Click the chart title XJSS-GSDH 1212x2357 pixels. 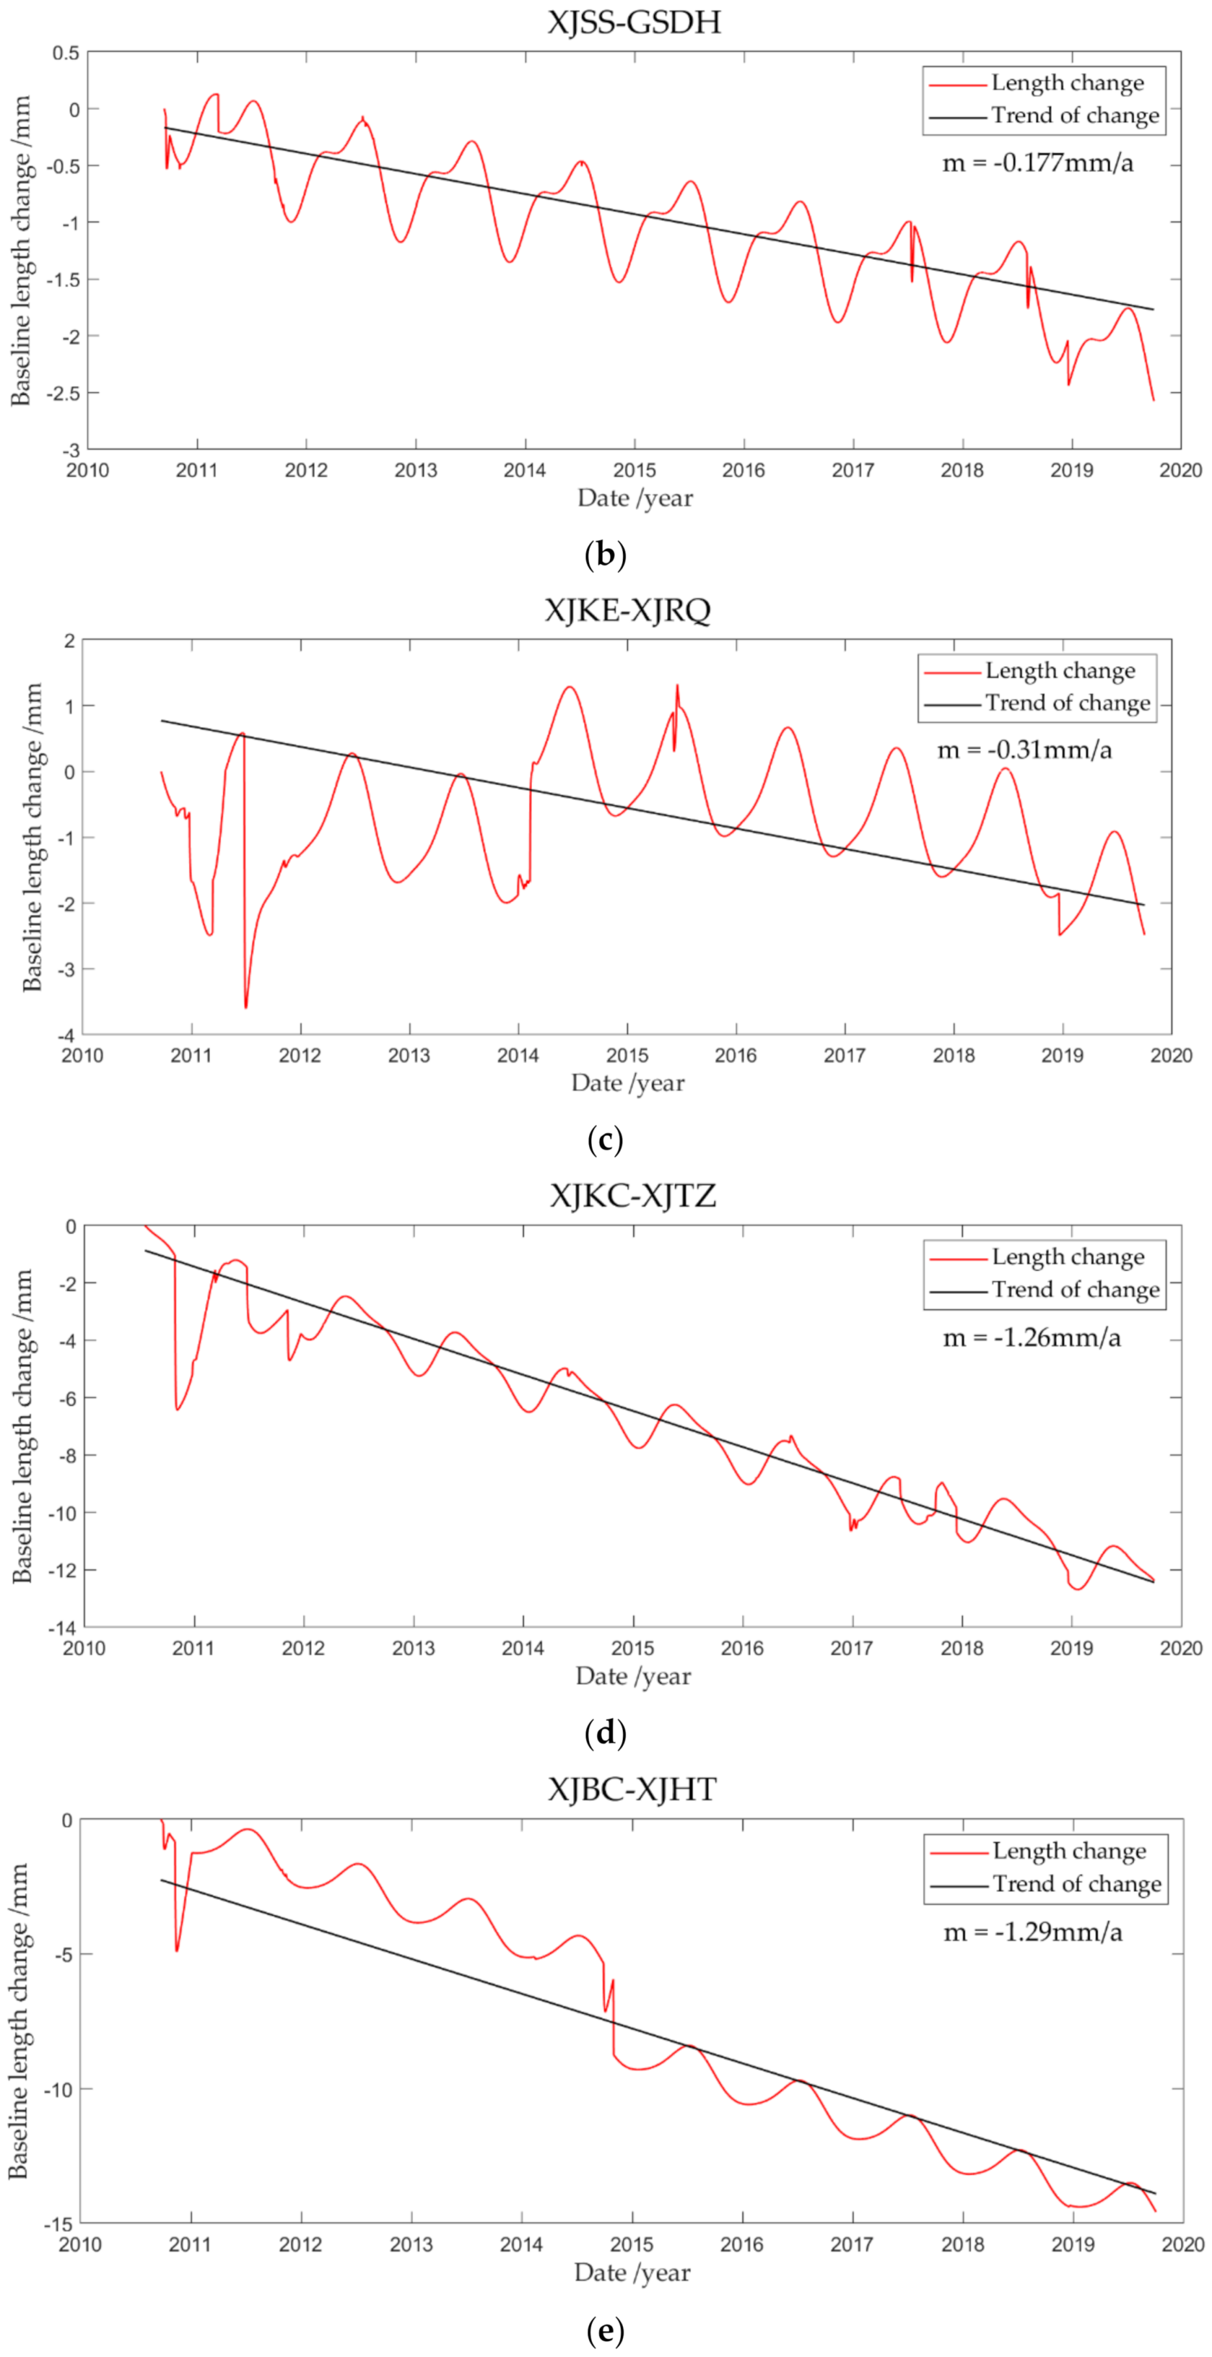(x=634, y=22)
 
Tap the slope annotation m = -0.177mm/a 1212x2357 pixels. (x=1037, y=164)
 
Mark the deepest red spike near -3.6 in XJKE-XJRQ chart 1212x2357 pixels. (x=245, y=1007)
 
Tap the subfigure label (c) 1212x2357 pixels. (x=605, y=1139)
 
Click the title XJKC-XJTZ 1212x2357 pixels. (x=632, y=1196)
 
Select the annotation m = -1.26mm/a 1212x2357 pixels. (x=1032, y=1339)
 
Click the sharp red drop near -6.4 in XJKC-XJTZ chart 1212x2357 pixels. (x=177, y=1408)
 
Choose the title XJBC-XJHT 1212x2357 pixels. (x=632, y=1790)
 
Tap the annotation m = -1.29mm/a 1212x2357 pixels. (x=1033, y=1933)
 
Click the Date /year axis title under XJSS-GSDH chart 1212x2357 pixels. (x=635, y=498)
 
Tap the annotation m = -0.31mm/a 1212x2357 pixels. (x=1024, y=751)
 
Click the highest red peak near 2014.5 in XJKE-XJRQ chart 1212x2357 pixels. (x=570, y=687)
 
